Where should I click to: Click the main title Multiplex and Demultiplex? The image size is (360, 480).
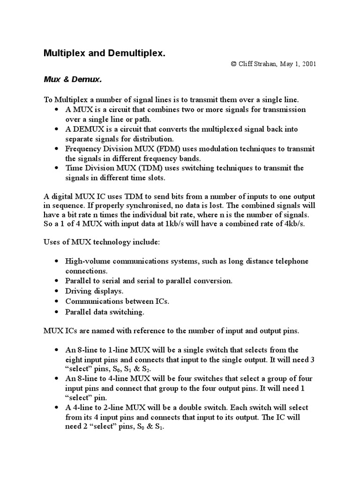(105, 53)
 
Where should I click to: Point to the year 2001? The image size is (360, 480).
(307, 64)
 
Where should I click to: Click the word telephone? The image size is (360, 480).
(291, 261)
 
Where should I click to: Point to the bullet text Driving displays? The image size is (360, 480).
(94, 291)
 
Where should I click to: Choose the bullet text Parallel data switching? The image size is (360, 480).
(105, 311)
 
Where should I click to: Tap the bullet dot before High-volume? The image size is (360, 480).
(57, 262)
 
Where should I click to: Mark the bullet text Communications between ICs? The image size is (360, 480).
(117, 301)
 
